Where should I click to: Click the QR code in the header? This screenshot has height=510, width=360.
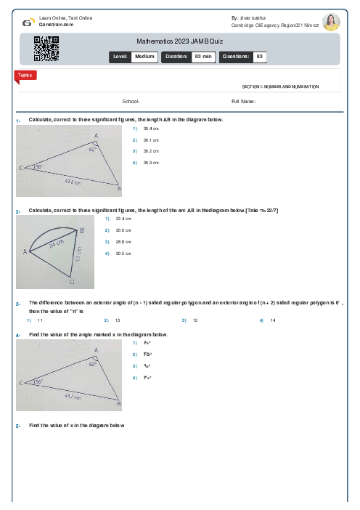pos(46,49)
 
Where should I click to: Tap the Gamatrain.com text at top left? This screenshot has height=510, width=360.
pos(56,24)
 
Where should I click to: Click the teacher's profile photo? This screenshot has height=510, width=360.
pos(331,22)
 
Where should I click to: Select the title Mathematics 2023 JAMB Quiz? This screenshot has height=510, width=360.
pos(179,42)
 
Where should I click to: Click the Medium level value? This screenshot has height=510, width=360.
pos(144,56)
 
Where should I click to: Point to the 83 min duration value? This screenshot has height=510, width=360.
pos(202,56)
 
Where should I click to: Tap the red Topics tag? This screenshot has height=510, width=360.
pos(24,75)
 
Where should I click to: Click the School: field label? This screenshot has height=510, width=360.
pos(131,102)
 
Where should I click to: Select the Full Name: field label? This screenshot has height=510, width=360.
pos(243,102)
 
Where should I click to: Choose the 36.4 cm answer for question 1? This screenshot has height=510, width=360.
pos(151,128)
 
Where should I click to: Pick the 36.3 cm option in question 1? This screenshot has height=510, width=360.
pos(151,163)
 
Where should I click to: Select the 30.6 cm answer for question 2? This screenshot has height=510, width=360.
pos(123,230)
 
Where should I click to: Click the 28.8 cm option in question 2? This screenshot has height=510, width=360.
pos(123,242)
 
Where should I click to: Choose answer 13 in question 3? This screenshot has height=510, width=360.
pos(118,320)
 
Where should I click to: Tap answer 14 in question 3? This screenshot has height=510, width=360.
pos(273,320)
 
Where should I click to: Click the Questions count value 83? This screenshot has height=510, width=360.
pos(260,56)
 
